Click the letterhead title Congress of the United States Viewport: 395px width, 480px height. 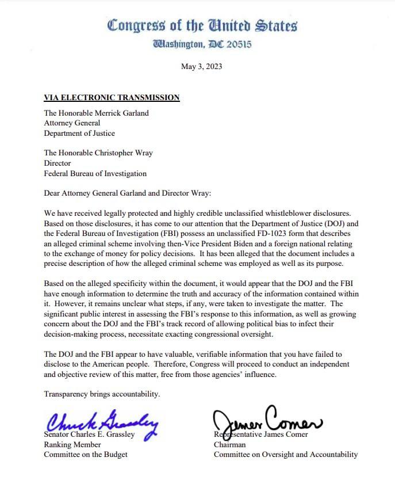tap(202, 26)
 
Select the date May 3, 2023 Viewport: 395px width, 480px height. tap(201, 66)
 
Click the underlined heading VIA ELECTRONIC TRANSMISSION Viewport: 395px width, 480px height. tap(112, 97)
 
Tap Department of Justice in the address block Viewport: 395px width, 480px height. tap(79, 133)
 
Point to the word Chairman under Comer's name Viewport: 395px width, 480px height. tap(229, 444)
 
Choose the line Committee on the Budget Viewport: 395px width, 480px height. tap(86, 454)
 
